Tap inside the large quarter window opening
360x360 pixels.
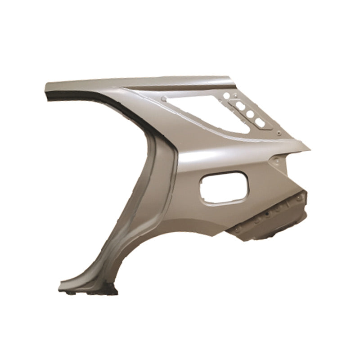(x=202, y=112)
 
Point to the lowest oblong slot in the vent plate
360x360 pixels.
(x=260, y=122)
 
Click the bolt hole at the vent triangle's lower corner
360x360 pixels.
(x=279, y=133)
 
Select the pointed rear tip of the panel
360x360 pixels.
(x=309, y=147)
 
